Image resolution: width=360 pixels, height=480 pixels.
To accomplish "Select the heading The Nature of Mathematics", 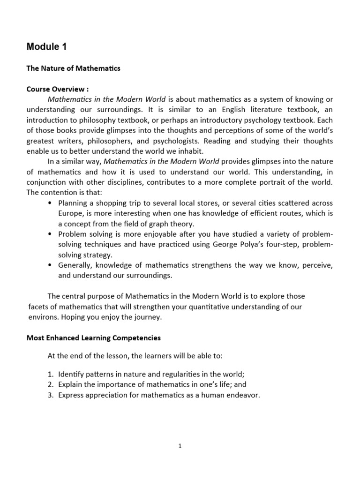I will (73, 68).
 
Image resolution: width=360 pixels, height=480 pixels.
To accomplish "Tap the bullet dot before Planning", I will (50, 202).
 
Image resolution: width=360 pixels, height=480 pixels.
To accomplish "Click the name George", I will (217, 244).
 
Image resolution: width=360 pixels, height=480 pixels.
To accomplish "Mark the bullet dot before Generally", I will (50, 265).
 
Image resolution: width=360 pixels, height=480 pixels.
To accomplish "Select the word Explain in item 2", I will (71, 384).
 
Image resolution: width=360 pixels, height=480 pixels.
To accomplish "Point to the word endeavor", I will (244, 395).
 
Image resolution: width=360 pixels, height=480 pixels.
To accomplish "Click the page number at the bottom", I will (180, 446).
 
